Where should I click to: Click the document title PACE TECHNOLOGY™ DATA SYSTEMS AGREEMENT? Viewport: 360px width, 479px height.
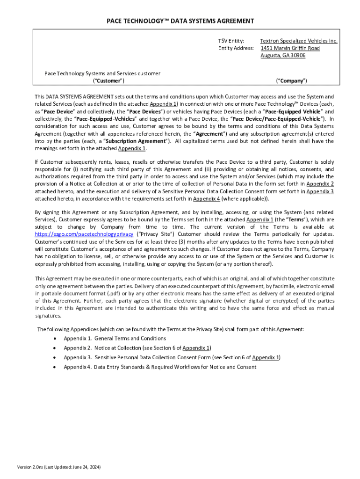click(180, 21)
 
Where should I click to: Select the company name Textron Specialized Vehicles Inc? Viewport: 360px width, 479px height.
click(298, 41)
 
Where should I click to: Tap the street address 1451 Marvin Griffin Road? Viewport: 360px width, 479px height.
click(290, 48)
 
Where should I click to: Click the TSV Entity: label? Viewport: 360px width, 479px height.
click(231, 41)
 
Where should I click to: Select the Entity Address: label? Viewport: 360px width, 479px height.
click(236, 48)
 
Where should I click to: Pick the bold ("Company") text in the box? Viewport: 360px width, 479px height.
click(291, 81)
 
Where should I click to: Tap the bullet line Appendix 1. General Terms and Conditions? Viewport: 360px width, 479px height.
click(115, 338)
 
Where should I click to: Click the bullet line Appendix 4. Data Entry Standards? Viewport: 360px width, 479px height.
click(160, 367)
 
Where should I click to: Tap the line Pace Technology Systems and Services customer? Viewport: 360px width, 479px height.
click(102, 73)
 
